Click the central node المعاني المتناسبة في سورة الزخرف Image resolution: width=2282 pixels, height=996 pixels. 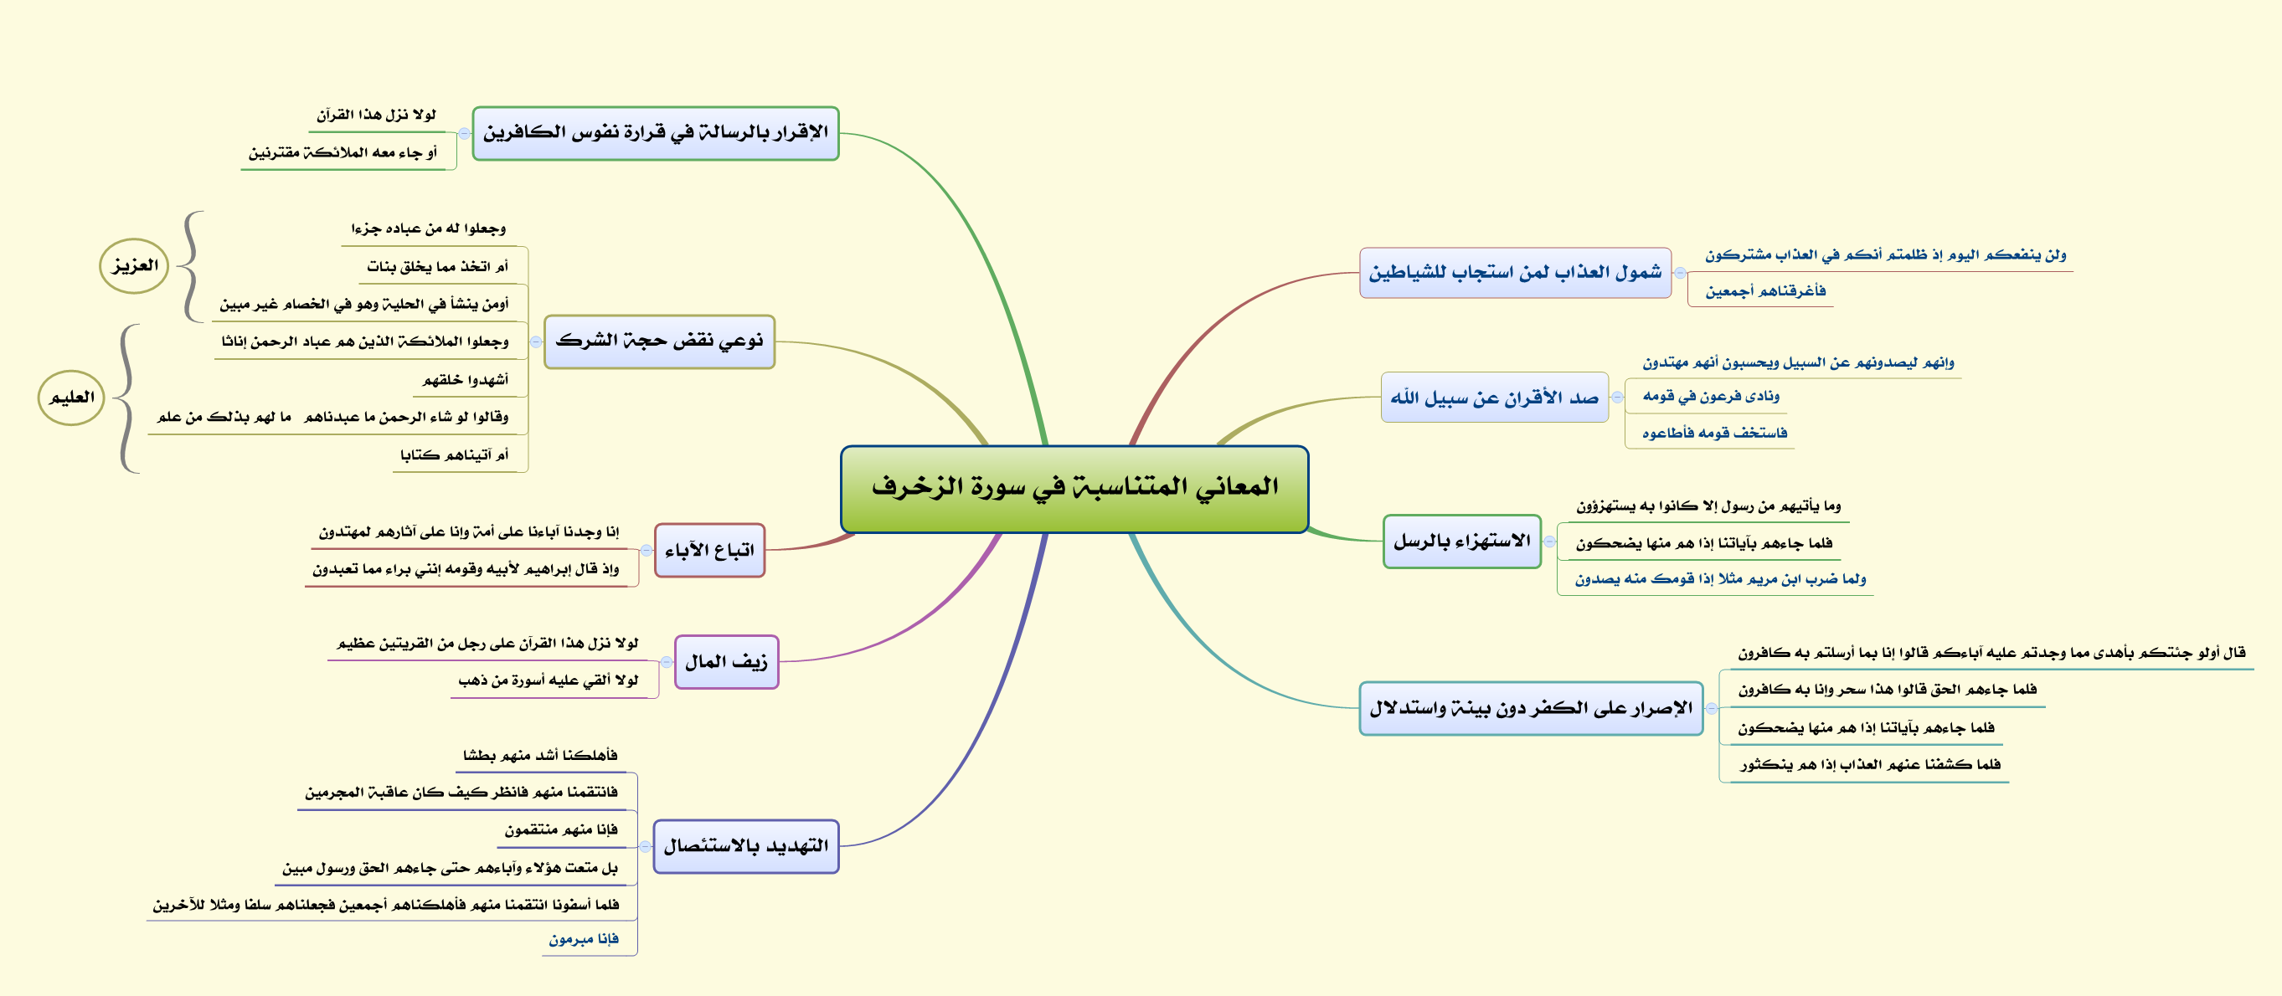pos(1074,489)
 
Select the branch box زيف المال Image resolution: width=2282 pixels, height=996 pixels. pos(726,661)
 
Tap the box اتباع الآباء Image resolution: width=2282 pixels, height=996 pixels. pos(709,550)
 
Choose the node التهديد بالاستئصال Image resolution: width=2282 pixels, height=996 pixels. pos(746,846)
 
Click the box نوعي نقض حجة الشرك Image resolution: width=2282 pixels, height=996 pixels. pos(659,341)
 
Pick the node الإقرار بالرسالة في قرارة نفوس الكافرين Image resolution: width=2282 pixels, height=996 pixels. pos(656,133)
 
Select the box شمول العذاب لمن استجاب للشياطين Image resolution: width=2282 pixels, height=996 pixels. pos(1515,273)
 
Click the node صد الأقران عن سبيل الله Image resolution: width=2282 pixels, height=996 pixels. pos(1495,398)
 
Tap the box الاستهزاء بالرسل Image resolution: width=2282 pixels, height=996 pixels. pos(1461,541)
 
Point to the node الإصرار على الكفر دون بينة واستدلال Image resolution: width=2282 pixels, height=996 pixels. pos(1531,708)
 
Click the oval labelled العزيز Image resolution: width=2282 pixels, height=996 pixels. pos(134,265)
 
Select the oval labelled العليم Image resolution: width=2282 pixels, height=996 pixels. pos(72,398)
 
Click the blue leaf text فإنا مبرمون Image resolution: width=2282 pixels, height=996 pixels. pos(584,939)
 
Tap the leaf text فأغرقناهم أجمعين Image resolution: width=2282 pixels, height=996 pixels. pos(1765,291)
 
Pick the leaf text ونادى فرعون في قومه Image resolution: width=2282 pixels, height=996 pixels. pos(1711,396)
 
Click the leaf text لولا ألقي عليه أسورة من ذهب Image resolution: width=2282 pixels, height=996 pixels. pos(549,680)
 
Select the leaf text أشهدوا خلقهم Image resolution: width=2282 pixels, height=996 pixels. pos(466,380)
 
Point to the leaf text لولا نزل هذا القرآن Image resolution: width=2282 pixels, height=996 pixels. pos(377,116)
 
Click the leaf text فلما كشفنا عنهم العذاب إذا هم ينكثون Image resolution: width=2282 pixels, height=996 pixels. pos(1870,764)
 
